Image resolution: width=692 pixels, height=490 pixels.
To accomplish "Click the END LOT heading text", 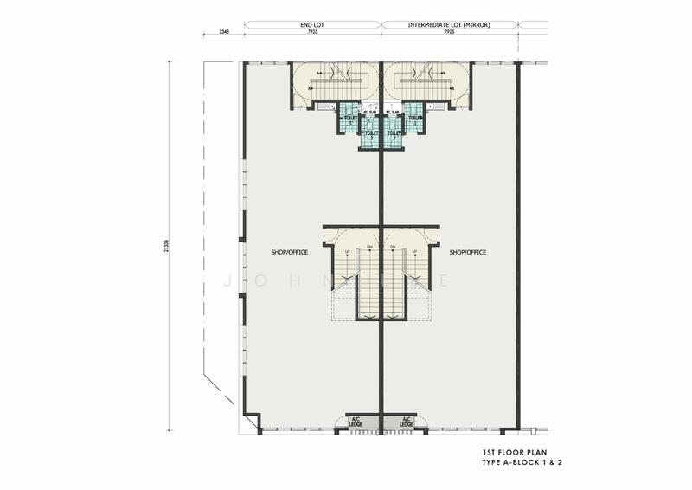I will pyautogui.click(x=311, y=26).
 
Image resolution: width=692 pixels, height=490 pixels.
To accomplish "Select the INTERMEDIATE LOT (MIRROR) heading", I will pyautogui.click(x=450, y=26).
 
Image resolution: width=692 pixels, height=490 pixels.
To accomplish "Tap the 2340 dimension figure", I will pyautogui.click(x=223, y=33).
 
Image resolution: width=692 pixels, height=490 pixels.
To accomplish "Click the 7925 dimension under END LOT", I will pyautogui.click(x=311, y=33).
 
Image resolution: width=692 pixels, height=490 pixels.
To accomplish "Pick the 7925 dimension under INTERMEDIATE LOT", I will pyautogui.click(x=450, y=33).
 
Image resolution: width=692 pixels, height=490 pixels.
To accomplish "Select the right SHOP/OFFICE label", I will pyautogui.click(x=468, y=253).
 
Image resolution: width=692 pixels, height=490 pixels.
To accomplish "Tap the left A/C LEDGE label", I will pyautogui.click(x=355, y=422).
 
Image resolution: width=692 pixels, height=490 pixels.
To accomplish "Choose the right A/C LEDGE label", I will pyautogui.click(x=407, y=422).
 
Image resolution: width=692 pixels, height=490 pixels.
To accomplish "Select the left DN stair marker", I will pyautogui.click(x=369, y=248).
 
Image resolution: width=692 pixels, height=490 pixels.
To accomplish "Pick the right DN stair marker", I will pyautogui.click(x=393, y=248).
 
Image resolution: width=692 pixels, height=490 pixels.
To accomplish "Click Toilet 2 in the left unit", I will pyautogui.click(x=369, y=134).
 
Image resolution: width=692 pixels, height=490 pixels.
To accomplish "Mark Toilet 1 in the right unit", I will pyautogui.click(x=414, y=118).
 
